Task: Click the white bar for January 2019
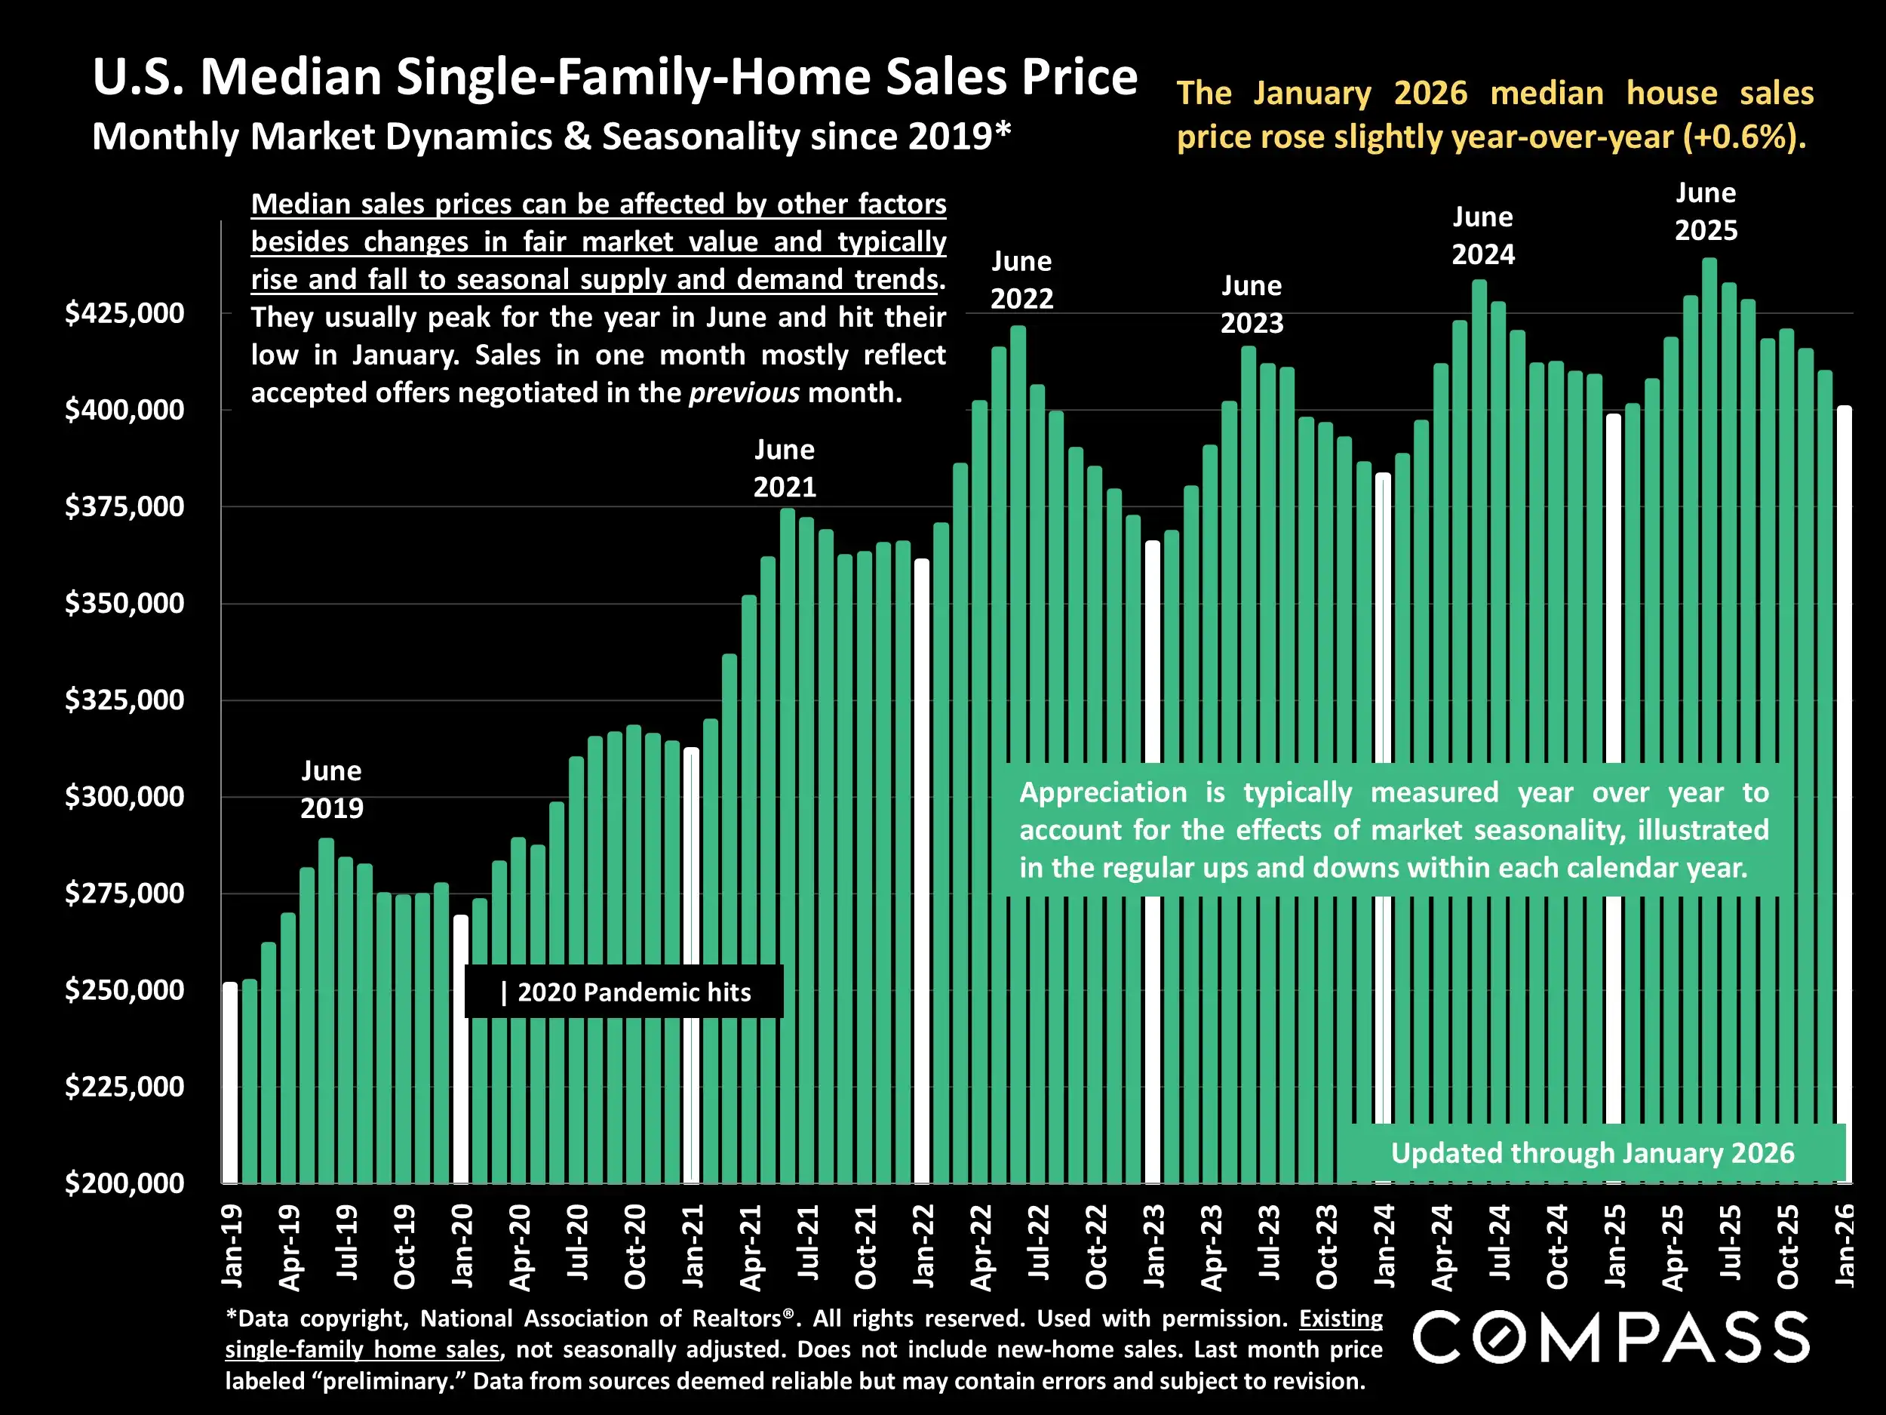click(x=230, y=1082)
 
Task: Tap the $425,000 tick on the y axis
click(x=124, y=313)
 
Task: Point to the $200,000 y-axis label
click(x=124, y=1183)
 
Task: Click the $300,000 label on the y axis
click(x=124, y=797)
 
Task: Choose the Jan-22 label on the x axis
click(x=923, y=1245)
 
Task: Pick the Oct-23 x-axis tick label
click(x=1327, y=1247)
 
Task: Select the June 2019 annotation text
click(x=332, y=789)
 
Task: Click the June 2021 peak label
click(x=785, y=467)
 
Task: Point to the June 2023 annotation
click(x=1252, y=303)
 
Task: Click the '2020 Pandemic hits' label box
click(x=624, y=992)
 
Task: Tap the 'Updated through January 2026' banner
click(x=1592, y=1153)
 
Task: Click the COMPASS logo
click(x=1611, y=1337)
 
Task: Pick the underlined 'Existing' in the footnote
click(x=1341, y=1318)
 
